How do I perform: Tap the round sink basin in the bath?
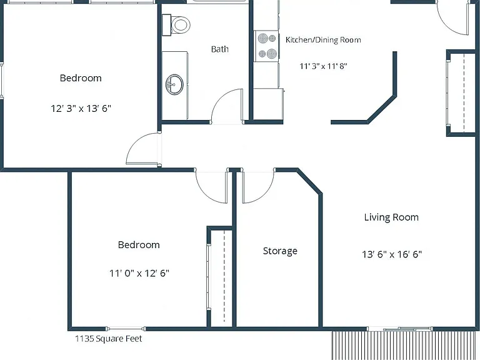(175, 84)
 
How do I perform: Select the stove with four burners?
(266, 46)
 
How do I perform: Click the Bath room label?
(220, 49)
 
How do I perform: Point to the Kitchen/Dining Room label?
(323, 40)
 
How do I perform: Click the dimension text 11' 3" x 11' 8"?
(323, 66)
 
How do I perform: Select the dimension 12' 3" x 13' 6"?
(81, 108)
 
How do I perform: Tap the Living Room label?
(391, 217)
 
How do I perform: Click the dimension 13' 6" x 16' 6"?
(392, 254)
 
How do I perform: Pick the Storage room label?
(280, 251)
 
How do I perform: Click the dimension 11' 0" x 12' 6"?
(139, 272)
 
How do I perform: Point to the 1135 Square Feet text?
(109, 339)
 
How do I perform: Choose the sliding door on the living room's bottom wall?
(400, 329)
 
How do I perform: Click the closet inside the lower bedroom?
(221, 277)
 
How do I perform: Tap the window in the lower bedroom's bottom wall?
(126, 329)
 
